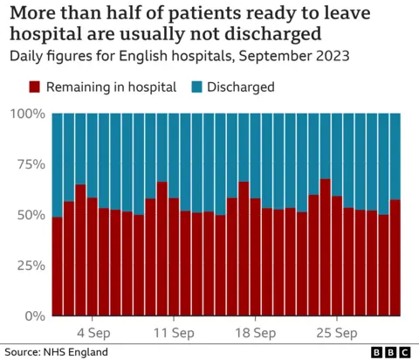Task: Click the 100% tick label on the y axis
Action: click(27, 114)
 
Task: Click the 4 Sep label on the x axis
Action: click(93, 333)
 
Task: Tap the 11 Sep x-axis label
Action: click(174, 333)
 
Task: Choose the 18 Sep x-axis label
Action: click(255, 333)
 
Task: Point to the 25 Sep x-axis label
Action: click(336, 333)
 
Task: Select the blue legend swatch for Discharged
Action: click(196, 87)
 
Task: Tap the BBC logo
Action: click(392, 351)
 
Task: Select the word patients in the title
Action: click(207, 14)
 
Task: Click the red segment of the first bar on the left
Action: click(58, 267)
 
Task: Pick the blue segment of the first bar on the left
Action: click(58, 165)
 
